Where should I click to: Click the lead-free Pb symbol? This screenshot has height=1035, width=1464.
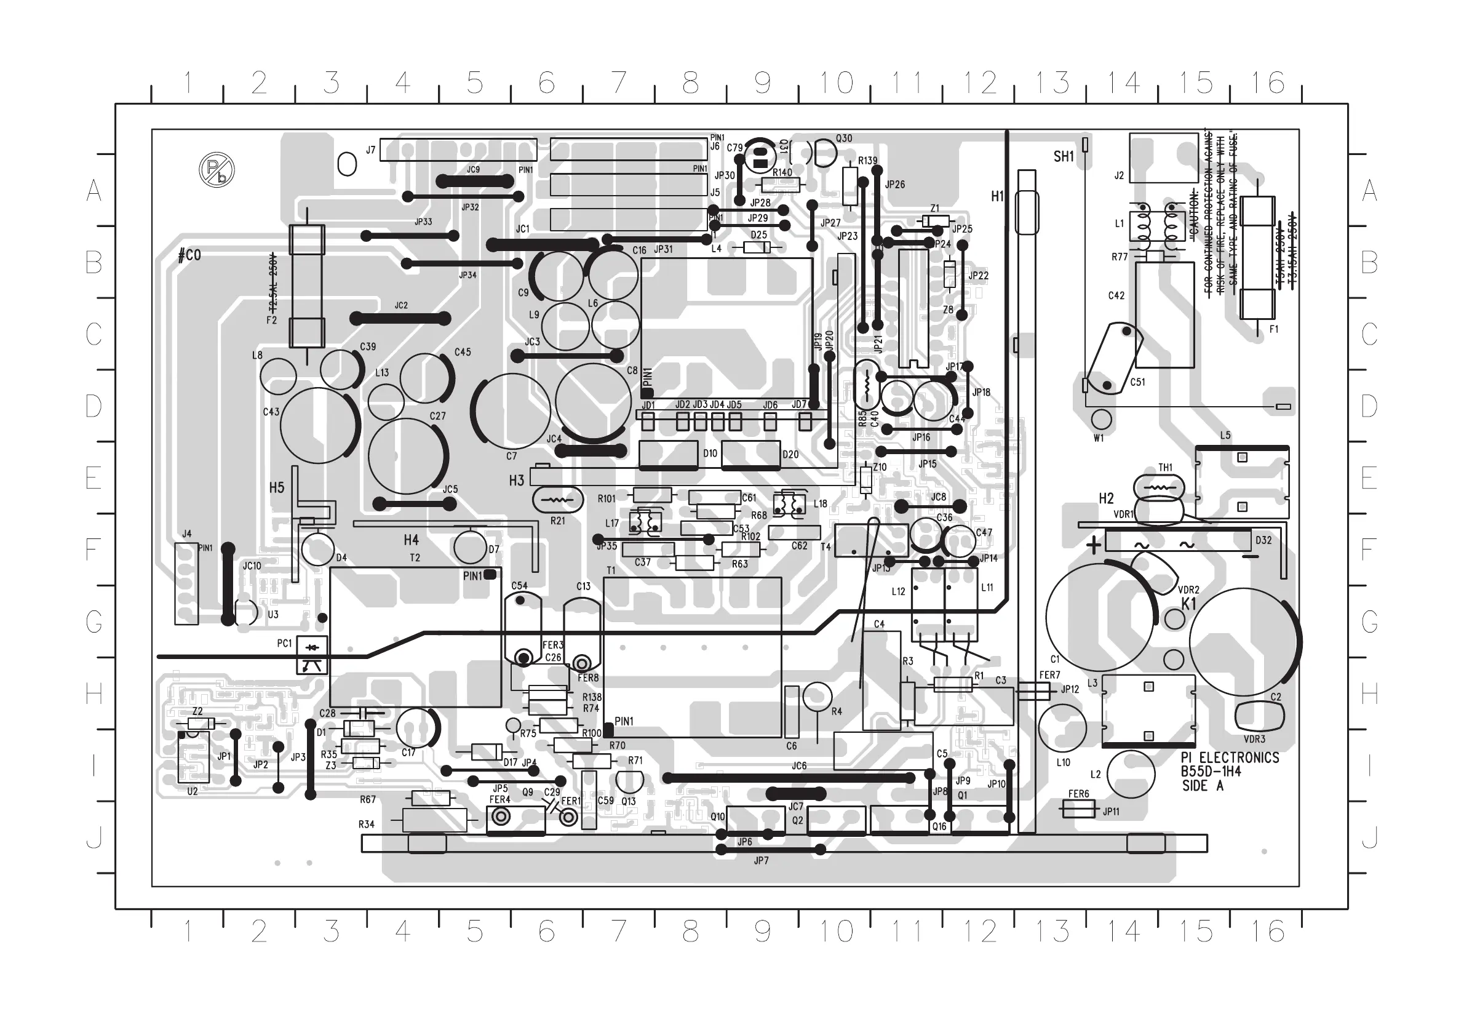[217, 170]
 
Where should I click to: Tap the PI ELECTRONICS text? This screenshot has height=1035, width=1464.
[1230, 757]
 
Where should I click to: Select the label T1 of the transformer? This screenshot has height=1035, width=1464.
[611, 570]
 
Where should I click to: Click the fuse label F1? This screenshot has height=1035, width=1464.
[1273, 329]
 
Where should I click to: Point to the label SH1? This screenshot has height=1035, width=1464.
[1064, 156]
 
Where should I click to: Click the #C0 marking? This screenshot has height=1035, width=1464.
[189, 255]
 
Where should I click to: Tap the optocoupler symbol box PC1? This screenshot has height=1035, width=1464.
[312, 655]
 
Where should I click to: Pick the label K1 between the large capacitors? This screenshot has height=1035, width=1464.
[1189, 603]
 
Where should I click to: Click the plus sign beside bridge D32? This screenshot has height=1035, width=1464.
[1094, 546]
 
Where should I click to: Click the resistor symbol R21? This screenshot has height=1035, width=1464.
[557, 500]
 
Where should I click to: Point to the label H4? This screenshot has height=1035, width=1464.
[412, 540]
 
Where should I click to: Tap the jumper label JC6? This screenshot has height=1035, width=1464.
[799, 765]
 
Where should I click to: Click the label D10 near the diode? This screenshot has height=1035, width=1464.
[710, 454]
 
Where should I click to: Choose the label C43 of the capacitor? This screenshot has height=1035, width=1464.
[271, 412]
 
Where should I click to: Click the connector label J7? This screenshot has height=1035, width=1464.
[370, 150]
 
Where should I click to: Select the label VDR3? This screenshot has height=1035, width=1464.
[1254, 739]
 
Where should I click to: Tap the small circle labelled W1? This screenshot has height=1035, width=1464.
[1101, 420]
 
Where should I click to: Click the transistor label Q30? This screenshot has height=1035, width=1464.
[843, 138]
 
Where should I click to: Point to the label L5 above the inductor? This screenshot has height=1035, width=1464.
[1225, 436]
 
